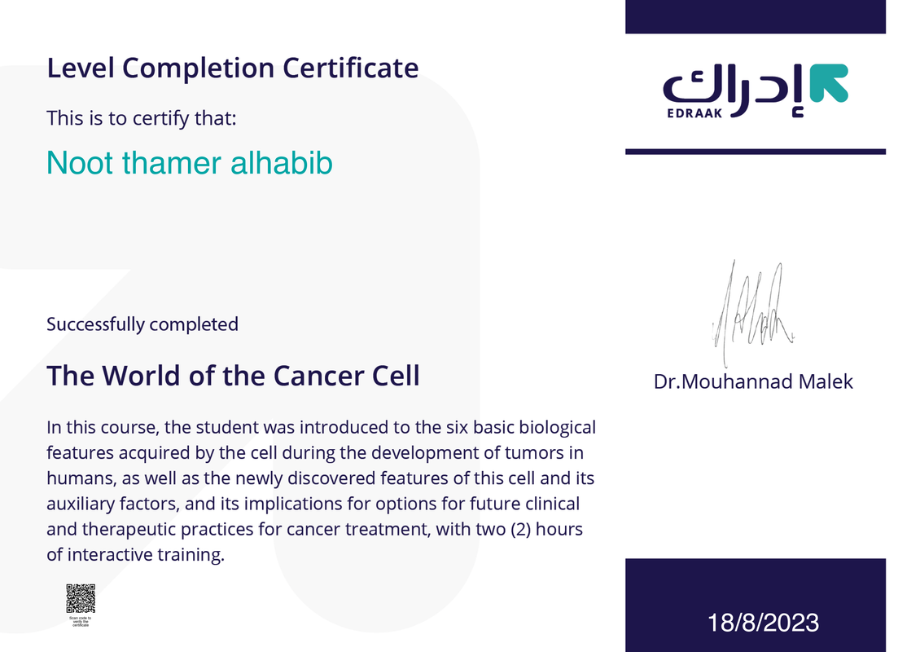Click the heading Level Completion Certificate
pos(232,68)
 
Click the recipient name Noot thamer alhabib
pos(189,163)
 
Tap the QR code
pos(81,598)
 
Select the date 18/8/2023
pos(763,623)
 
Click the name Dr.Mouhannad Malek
pos(753,381)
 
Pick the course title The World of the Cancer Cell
pos(233,376)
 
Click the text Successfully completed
pos(142,324)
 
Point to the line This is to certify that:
pos(142,118)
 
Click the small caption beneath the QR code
pos(81,621)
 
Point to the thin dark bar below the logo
pos(755,151)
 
